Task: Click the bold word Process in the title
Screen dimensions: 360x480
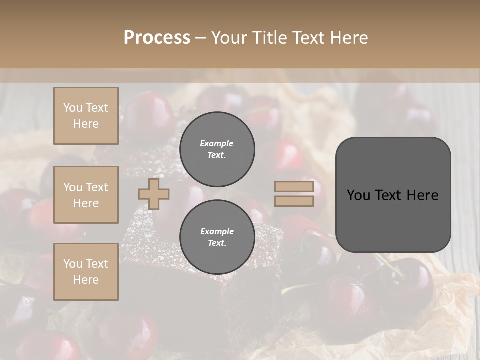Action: (x=157, y=38)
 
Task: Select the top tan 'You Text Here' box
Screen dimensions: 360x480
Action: (x=86, y=116)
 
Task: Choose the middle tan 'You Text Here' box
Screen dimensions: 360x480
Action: (x=86, y=195)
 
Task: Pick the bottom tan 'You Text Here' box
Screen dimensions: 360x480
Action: (x=86, y=271)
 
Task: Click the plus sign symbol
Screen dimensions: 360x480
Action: (x=154, y=194)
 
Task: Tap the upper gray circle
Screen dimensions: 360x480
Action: (x=217, y=149)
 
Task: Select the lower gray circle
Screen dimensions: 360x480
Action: (x=217, y=237)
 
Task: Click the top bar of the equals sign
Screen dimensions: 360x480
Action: (x=294, y=187)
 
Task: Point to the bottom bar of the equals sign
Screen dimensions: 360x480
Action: (x=294, y=201)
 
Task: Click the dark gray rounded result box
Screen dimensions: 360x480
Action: (x=393, y=194)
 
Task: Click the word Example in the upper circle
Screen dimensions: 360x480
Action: (x=217, y=143)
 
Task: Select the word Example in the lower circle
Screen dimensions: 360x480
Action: (x=217, y=231)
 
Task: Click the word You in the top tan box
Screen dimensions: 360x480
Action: (x=73, y=108)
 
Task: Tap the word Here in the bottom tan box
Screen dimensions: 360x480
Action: (x=86, y=280)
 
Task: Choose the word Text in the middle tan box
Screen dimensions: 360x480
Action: (x=96, y=187)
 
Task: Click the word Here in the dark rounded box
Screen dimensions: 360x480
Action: (x=423, y=195)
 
